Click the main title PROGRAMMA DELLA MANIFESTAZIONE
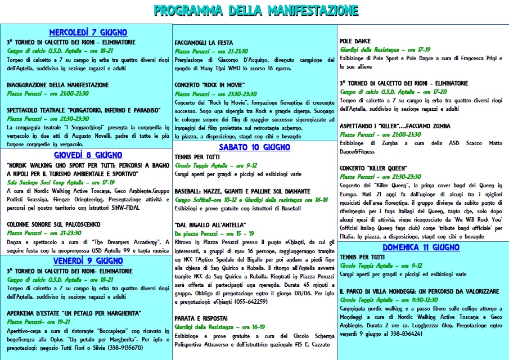tap(255, 10)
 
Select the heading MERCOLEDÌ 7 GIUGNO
tap(88, 32)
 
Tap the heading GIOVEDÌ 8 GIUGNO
tap(88, 155)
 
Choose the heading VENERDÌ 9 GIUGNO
tap(88, 261)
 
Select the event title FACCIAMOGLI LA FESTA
tap(204, 42)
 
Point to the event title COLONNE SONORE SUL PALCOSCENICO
tap(58, 224)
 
